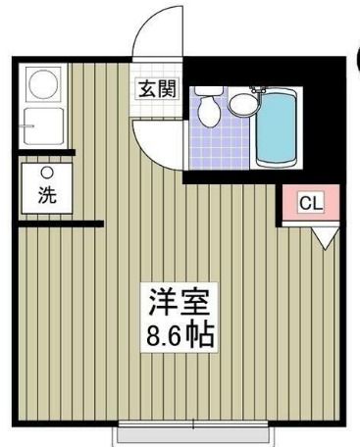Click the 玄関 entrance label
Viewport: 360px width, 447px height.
tap(155, 88)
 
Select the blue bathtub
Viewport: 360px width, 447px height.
tap(278, 127)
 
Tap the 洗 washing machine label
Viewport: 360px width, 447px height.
tap(46, 195)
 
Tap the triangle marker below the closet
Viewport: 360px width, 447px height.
tap(325, 235)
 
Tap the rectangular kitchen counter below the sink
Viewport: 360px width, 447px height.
tap(43, 124)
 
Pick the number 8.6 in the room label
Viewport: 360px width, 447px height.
tap(164, 331)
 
